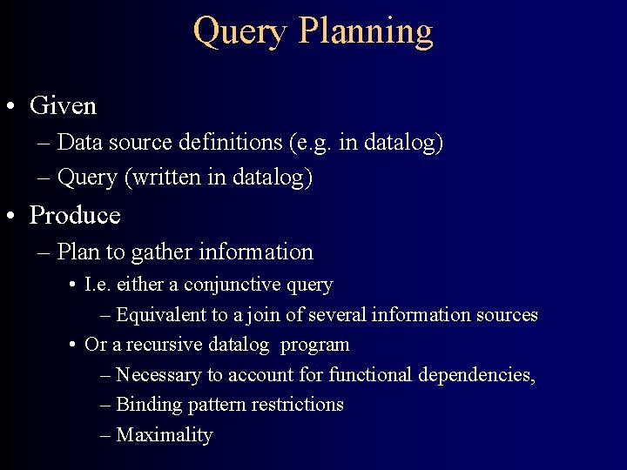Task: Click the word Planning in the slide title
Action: point(365,31)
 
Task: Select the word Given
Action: point(63,106)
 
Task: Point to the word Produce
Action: point(75,215)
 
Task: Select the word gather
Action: point(163,252)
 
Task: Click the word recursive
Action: point(163,345)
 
